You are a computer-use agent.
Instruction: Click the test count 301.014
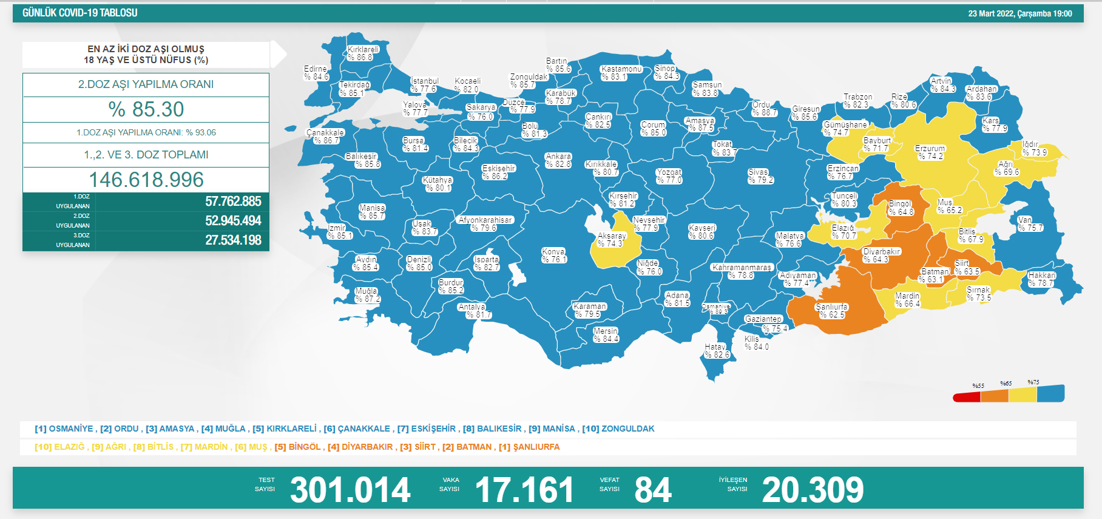[x=350, y=490]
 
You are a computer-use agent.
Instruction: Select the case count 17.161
[x=524, y=490]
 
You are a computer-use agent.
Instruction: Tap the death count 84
[x=653, y=490]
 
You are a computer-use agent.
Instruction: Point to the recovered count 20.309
[x=813, y=490]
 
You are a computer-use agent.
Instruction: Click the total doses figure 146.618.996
[x=146, y=180]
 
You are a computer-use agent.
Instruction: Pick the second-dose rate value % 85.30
[x=146, y=109]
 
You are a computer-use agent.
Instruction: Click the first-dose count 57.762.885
[x=233, y=202]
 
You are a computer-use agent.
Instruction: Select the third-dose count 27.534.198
[x=233, y=240]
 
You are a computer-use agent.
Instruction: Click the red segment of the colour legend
[x=967, y=397]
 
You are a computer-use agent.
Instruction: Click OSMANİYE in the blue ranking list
[x=70, y=429]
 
